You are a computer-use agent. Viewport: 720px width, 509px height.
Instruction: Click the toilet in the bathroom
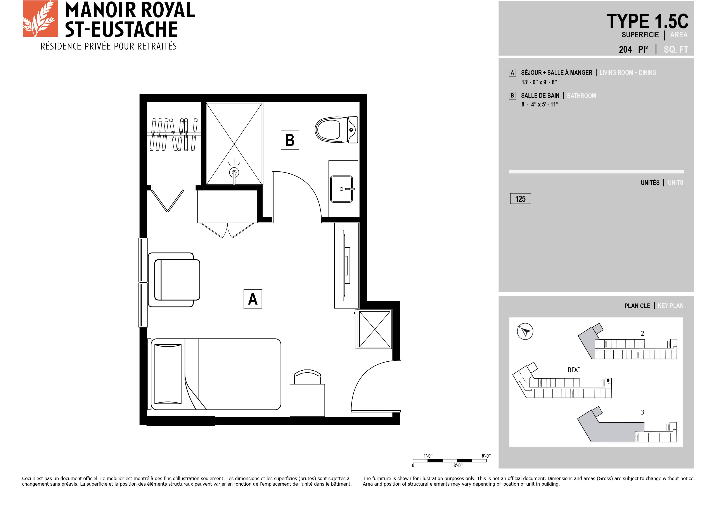(336, 130)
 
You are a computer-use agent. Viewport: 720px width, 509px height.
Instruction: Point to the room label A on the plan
(253, 299)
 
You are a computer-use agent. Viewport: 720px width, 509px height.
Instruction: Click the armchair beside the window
(174, 280)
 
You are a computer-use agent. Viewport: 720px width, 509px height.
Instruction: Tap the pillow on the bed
(168, 374)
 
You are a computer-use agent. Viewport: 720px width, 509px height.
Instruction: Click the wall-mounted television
(346, 265)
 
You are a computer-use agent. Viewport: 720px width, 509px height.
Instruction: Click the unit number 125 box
(521, 199)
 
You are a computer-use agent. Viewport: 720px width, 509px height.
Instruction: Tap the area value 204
(625, 49)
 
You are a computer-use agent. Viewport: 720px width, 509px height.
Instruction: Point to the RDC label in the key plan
(574, 370)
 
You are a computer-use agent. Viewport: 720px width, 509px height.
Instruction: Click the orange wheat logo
(40, 19)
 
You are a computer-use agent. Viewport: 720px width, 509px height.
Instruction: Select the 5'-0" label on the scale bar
(486, 456)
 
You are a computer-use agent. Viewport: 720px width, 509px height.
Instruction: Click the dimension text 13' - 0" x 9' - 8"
(539, 82)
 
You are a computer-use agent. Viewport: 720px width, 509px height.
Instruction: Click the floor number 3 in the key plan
(642, 412)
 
